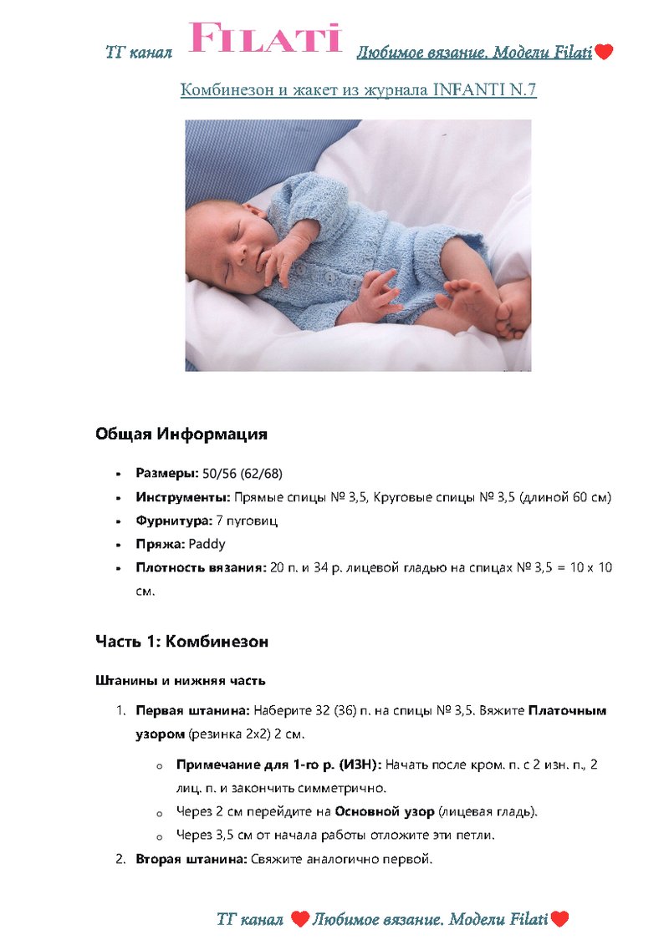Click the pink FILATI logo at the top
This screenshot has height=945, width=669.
(x=266, y=38)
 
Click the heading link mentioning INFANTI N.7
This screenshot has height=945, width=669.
(x=358, y=89)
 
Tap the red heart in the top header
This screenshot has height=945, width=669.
(x=604, y=53)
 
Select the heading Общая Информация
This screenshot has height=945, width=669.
(x=181, y=434)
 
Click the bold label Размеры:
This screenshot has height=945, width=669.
(x=167, y=474)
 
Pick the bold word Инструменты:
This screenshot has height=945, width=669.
(x=183, y=497)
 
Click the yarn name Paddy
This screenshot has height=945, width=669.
(x=207, y=544)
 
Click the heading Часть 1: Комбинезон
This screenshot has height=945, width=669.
(x=181, y=642)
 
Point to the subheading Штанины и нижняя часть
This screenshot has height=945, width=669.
(x=180, y=680)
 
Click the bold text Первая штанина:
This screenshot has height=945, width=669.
(x=192, y=711)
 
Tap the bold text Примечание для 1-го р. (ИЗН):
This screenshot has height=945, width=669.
(x=278, y=765)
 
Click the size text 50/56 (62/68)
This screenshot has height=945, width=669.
(x=243, y=474)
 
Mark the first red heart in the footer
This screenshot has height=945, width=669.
(x=300, y=920)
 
